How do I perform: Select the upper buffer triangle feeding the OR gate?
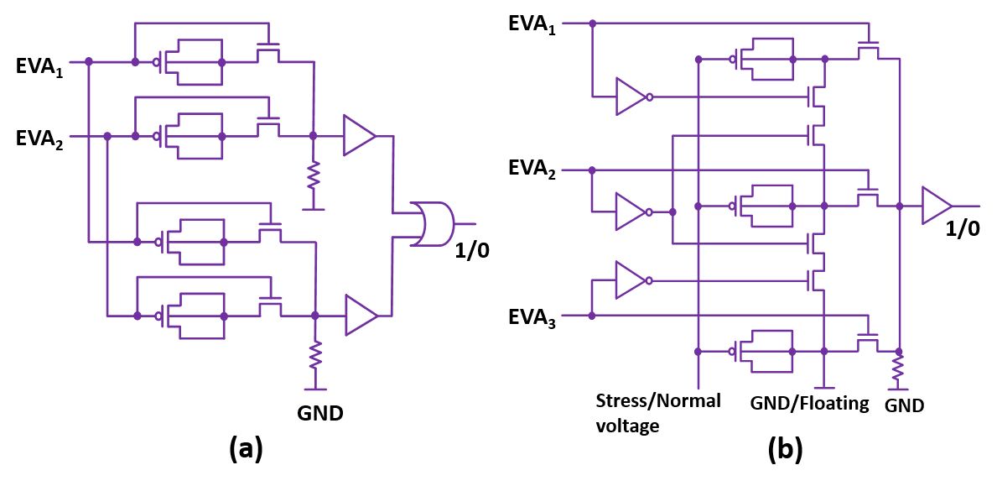coord(359,135)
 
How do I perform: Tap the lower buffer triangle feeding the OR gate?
coord(361,315)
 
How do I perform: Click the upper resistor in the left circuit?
coord(313,175)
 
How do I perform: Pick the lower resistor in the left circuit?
coord(315,355)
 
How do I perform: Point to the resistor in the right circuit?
coord(898,367)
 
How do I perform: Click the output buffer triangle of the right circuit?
coord(937,206)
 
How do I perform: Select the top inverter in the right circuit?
coord(631,97)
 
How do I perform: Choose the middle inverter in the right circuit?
coord(631,212)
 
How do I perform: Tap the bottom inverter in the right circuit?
coord(631,280)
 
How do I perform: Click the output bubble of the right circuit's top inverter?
coord(649,97)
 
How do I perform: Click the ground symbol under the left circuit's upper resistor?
coord(313,208)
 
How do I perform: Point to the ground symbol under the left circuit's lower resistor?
coord(315,389)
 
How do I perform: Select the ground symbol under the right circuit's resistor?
coord(898,389)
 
